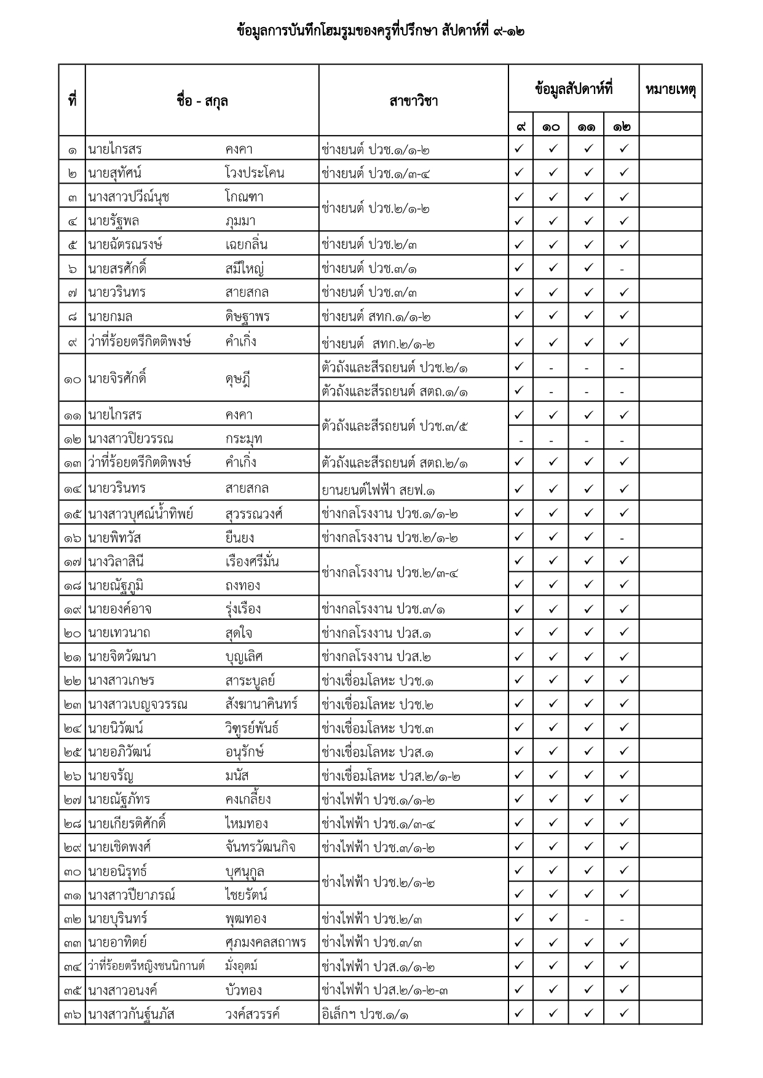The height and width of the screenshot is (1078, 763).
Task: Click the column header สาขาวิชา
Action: pyautogui.click(x=413, y=101)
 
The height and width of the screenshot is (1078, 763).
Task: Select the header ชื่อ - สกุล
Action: pyautogui.click(x=202, y=101)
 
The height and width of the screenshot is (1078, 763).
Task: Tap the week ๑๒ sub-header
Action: pyautogui.click(x=622, y=127)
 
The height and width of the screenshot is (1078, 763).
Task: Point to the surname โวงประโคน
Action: pyautogui.click(x=255, y=173)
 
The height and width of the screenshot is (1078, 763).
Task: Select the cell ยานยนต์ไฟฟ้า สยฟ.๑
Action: pyautogui.click(x=379, y=490)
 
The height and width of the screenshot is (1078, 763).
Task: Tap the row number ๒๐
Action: pyautogui.click(x=72, y=633)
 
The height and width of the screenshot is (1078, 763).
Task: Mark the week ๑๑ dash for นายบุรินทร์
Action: pyautogui.click(x=587, y=920)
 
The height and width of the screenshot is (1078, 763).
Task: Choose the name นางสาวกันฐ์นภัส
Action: pyautogui.click(x=131, y=1015)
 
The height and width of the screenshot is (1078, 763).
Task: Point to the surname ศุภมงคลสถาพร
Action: pyautogui.click(x=266, y=943)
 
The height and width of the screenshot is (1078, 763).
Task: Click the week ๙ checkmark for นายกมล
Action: pyautogui.click(x=519, y=316)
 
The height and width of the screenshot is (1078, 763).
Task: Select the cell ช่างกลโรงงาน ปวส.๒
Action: pyautogui.click(x=376, y=657)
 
